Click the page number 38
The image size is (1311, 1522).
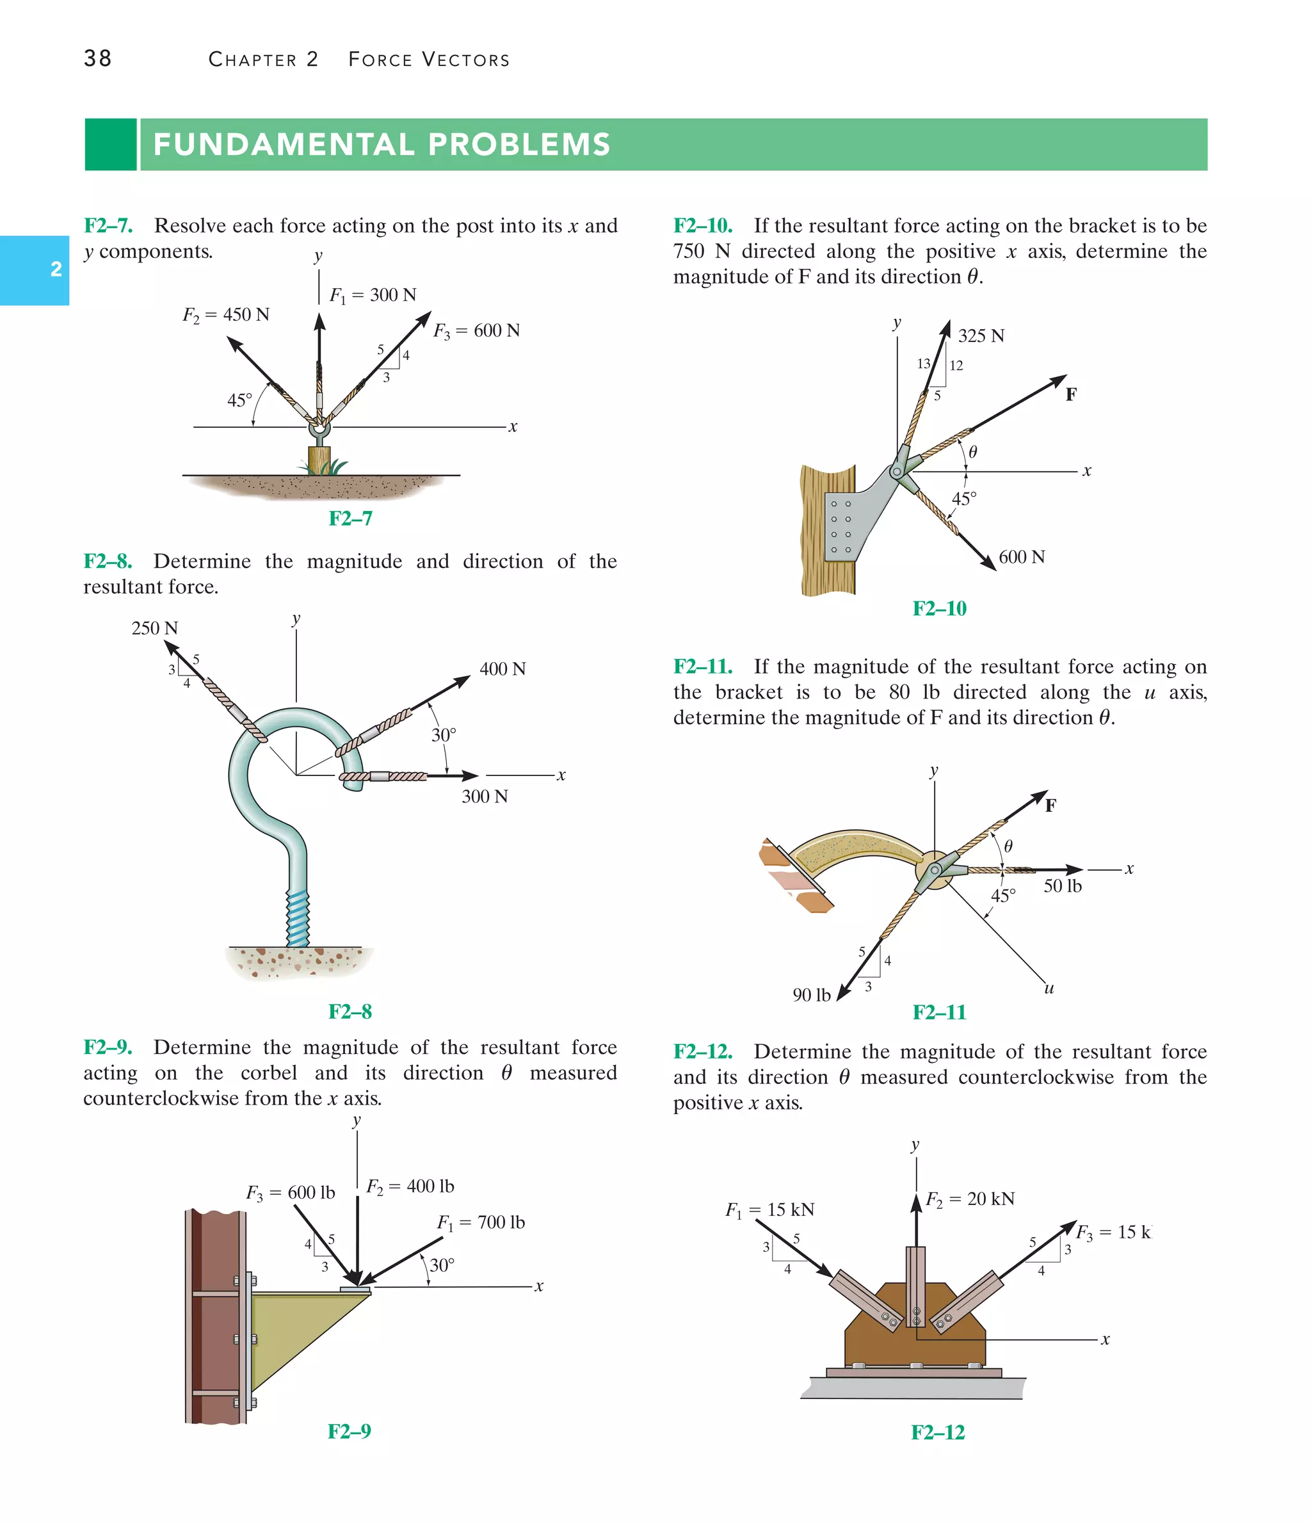[x=98, y=59]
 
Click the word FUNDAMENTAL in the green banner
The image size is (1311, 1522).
[x=282, y=145]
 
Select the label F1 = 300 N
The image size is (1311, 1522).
[x=373, y=295]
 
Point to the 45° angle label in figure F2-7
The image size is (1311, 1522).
[x=239, y=400]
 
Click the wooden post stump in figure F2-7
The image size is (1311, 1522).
[x=319, y=460]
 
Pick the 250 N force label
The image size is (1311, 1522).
[x=154, y=629]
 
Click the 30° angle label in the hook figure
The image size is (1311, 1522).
[x=444, y=735]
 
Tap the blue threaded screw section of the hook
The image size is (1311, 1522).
[x=298, y=918]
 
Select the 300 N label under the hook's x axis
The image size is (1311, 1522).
[x=484, y=797]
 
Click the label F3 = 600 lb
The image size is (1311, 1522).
[x=290, y=1192]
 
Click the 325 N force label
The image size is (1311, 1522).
[x=981, y=336]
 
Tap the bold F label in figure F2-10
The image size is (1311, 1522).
[x=1071, y=395]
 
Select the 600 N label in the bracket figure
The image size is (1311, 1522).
[x=1021, y=558]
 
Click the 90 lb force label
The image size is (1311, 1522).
[x=811, y=995]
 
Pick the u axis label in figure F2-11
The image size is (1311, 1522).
[x=1049, y=989]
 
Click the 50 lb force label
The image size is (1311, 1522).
[x=1062, y=887]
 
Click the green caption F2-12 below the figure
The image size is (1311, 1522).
[x=937, y=1432]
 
